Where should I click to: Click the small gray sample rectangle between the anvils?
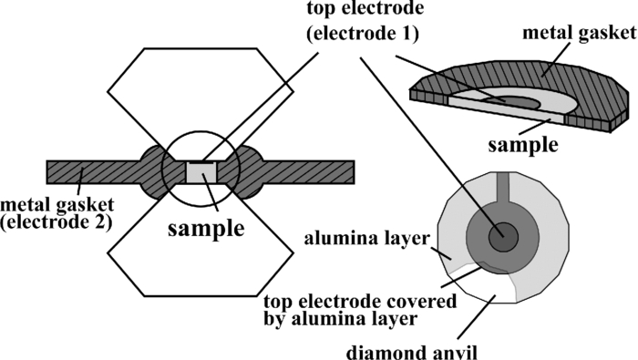pyautogui.click(x=201, y=170)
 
